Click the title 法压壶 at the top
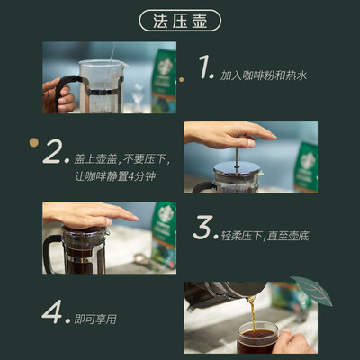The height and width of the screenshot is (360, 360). [180, 21]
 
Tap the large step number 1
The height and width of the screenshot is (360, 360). [204, 67]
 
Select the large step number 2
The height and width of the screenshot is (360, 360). [53, 151]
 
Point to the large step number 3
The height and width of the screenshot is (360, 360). [202, 228]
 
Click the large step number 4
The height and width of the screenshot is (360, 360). [52, 311]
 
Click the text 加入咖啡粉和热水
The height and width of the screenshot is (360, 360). [264, 76]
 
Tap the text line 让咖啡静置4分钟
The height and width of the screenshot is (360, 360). [115, 176]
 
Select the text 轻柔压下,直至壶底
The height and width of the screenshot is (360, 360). [265, 236]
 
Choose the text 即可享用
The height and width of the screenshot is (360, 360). [95, 319]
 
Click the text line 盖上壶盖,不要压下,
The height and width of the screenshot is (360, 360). [122, 159]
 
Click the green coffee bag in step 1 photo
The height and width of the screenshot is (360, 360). [164, 82]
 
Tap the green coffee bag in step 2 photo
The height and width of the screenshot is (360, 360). [306, 167]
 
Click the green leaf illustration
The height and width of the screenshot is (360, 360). [312, 290]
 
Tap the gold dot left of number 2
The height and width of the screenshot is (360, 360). [34, 142]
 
